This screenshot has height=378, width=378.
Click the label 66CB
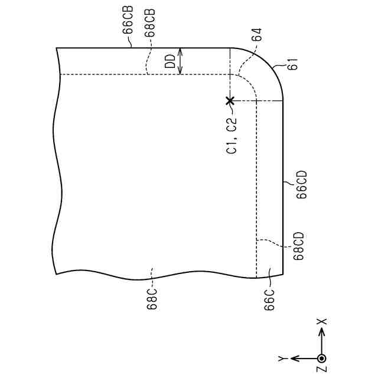[x=128, y=19]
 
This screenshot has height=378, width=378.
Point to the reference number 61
[x=293, y=64]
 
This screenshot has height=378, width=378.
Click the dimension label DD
[x=170, y=61]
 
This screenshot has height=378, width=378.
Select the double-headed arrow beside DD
[x=180, y=61]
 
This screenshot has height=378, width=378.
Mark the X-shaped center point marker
[x=230, y=100]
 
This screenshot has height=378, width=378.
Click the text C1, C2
[x=232, y=135]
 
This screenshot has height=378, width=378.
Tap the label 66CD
[x=302, y=184]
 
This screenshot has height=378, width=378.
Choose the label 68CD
[x=298, y=246]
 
